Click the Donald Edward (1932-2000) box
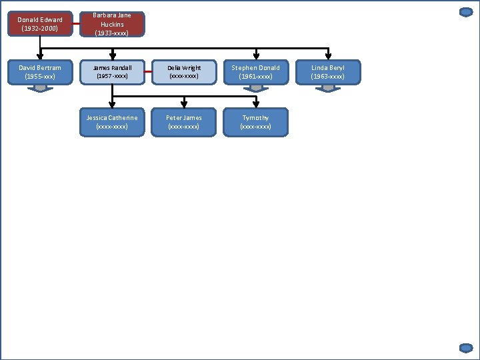pos(40,24)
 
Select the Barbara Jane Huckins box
pos(112,24)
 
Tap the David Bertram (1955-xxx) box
pos(40,72)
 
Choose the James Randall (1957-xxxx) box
pos(112,72)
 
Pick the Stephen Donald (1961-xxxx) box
pos(256,72)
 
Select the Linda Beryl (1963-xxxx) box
pos(328,72)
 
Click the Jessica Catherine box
pos(112,122)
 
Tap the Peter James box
pos(184,122)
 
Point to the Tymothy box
pos(256,122)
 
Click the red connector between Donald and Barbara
pos(76,25)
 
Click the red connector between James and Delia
pos(148,72)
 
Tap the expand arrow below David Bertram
pos(40,88)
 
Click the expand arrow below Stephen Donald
pos(256,88)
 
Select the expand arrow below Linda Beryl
pos(328,88)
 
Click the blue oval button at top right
pos(466,12)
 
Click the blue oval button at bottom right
pos(466,347)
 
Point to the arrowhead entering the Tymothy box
pos(256,104)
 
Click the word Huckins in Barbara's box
pos(112,25)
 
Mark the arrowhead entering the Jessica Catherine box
pos(112,104)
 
